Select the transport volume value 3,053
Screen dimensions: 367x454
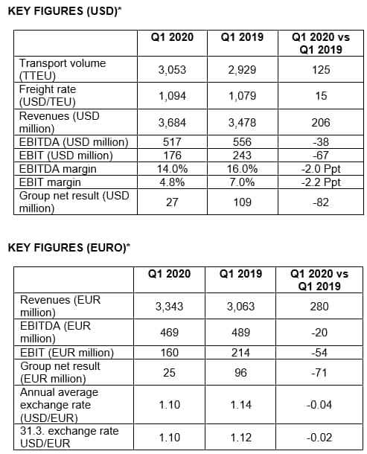172,70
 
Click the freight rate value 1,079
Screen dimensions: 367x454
243,96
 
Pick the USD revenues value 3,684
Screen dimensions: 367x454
172,123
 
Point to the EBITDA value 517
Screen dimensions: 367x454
172,142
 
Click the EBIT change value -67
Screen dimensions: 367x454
321,156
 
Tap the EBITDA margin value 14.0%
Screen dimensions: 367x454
172,169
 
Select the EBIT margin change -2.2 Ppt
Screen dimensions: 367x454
321,182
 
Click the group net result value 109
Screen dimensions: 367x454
243,202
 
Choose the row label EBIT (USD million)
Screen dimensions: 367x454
66,156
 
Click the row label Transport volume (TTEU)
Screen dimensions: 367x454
63,69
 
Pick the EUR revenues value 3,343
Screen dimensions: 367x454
170,307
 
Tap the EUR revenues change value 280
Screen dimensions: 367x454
319,307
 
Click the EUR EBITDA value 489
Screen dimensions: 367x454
240,333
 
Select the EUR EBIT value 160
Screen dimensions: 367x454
170,352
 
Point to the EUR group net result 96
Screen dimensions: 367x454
240,372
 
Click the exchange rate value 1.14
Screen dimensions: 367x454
240,404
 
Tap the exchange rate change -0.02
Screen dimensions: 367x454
319,437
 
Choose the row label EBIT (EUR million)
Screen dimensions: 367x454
67,352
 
